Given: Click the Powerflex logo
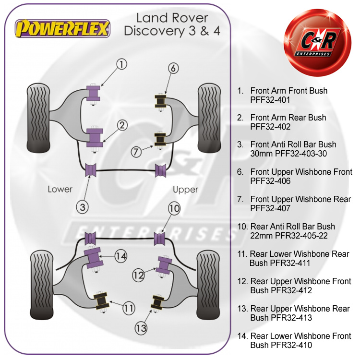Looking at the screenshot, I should click(63, 28).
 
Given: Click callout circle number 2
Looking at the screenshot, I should click(122, 126).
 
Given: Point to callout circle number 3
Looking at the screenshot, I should click(83, 207).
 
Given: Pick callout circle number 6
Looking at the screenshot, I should click(173, 68).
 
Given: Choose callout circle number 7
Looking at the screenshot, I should click(137, 152).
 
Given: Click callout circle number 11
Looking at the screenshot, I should click(128, 309).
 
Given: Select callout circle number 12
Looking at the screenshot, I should click(139, 275).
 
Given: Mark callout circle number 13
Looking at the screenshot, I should click(141, 329).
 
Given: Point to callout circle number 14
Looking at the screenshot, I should click(120, 256).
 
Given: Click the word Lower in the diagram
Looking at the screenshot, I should click(60, 189).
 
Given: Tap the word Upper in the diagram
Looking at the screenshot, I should click(185, 189).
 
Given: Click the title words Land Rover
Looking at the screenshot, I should click(172, 18).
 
